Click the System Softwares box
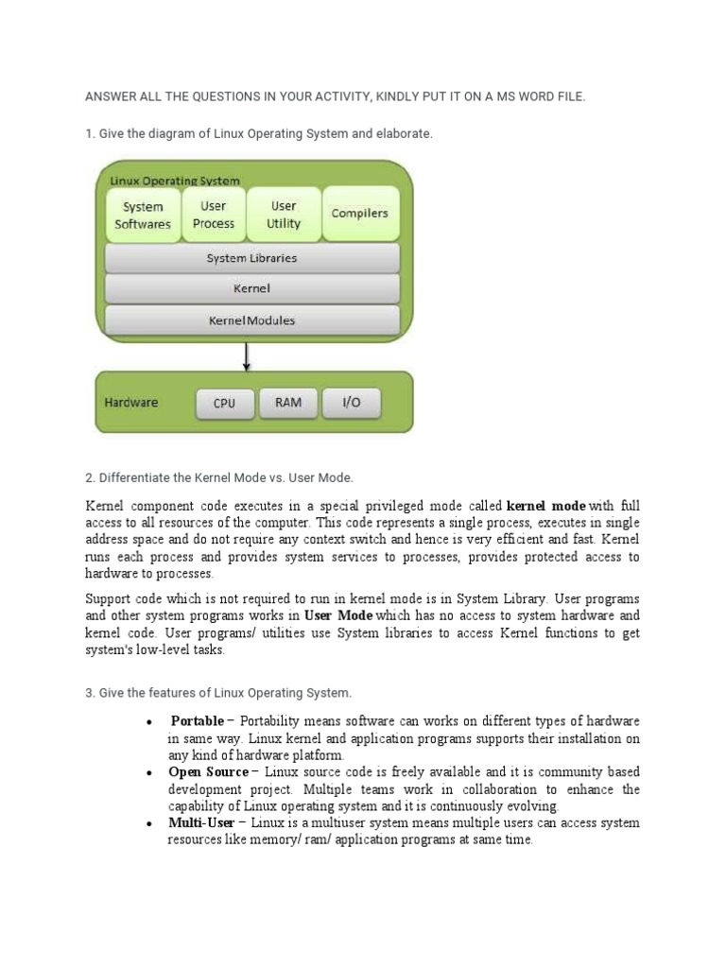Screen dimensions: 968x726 coord(143,216)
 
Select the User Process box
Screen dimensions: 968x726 coord(214,215)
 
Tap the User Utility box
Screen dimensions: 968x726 coord(284,215)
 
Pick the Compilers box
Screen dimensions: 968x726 coord(360,214)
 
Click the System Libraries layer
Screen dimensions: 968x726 coord(251,258)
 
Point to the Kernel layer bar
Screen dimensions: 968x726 coord(251,288)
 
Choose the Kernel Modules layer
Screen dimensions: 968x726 coord(251,320)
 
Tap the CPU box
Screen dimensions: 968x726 coord(224,404)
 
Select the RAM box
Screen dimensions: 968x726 coord(288,403)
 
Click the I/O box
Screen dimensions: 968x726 coord(351,403)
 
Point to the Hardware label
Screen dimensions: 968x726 coord(131,403)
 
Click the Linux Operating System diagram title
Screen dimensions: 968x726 coord(175,181)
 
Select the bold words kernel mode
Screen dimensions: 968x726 coord(546,506)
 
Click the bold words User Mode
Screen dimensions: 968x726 coord(338,615)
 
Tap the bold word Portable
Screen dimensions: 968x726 coord(197,721)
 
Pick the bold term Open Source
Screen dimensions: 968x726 coord(208,772)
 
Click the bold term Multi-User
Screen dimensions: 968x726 coord(201,823)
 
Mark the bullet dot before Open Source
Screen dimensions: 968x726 coord(149,773)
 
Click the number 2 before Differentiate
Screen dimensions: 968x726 coord(89,478)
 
